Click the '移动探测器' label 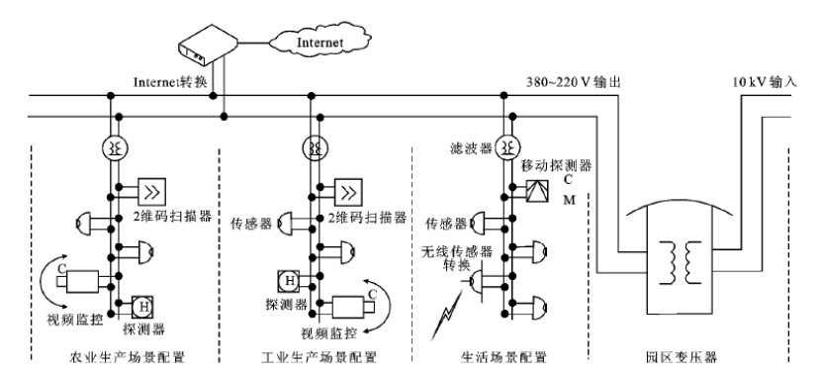pyautogui.click(x=557, y=166)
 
